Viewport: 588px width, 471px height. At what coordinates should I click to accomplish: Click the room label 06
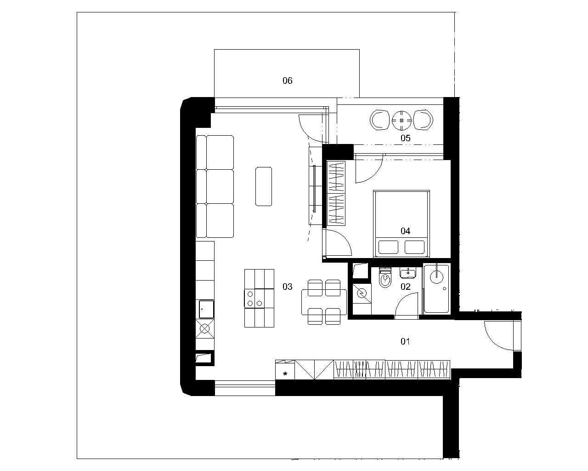click(287, 80)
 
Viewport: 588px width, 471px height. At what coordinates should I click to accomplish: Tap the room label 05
click(405, 138)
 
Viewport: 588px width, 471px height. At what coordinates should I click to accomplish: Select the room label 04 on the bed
click(405, 231)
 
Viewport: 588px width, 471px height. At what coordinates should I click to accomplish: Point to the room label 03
click(287, 287)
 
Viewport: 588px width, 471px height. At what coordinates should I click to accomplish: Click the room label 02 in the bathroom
click(405, 287)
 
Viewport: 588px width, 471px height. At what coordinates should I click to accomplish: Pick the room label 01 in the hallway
click(405, 341)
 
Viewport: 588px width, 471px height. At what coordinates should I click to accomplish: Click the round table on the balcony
click(401, 121)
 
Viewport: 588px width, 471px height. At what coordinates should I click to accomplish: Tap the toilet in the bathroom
click(385, 277)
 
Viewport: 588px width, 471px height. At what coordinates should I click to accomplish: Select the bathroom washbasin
click(407, 272)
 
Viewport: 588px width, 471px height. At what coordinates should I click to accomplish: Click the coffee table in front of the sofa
click(264, 186)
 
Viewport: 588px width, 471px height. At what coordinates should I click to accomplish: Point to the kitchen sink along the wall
click(206, 309)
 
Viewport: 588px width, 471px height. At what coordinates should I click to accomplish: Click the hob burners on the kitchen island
click(254, 299)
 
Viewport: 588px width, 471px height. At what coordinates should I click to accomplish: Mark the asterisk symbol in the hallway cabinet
click(285, 374)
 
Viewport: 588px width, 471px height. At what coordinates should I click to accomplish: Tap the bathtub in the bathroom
click(436, 289)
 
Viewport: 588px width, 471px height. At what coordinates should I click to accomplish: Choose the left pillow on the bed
click(388, 247)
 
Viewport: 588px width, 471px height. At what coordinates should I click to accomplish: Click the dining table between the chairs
click(324, 302)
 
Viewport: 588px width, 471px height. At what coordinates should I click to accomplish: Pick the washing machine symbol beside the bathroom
click(362, 293)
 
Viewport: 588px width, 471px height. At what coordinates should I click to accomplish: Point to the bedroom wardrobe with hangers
click(336, 193)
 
